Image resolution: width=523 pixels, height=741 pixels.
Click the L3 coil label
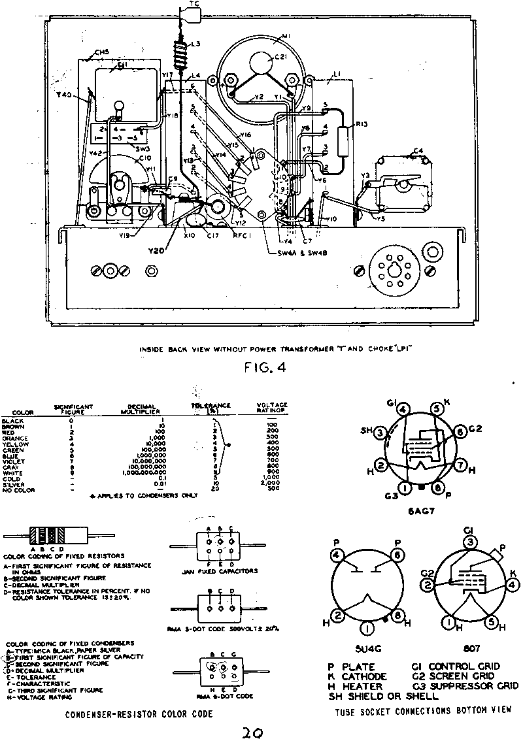[x=195, y=44]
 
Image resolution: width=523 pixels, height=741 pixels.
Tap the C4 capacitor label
[x=418, y=152]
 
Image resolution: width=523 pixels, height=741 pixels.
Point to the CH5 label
[x=101, y=52]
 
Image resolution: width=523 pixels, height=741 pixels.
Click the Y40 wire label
[x=63, y=95]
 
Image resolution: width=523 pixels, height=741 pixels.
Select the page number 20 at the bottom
[x=252, y=733]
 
